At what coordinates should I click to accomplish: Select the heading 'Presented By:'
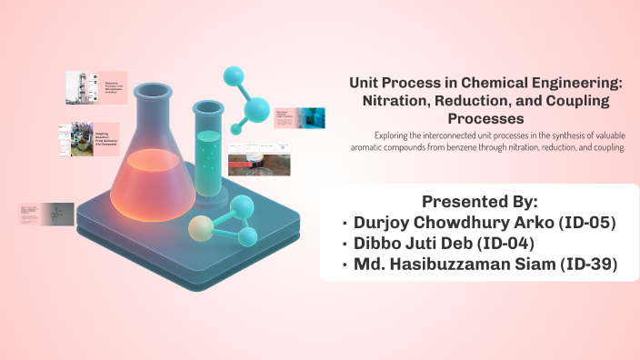pyautogui.click(x=479, y=201)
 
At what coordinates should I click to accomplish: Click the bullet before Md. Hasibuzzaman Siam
pyautogui.click(x=345, y=265)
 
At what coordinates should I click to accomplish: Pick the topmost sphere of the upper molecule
pyautogui.click(x=233, y=75)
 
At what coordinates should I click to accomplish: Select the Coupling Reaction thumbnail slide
pyautogui.click(x=89, y=140)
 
